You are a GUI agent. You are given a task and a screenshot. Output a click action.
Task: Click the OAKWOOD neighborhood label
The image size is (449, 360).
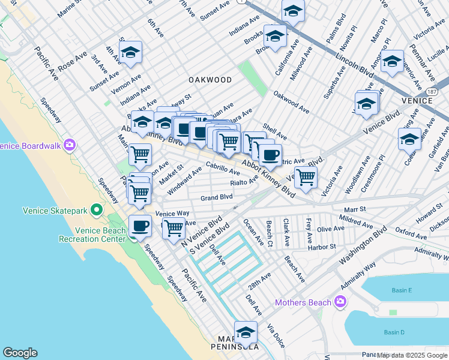click(x=209, y=79)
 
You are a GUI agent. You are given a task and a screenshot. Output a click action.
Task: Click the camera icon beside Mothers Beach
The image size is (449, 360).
click(x=341, y=302)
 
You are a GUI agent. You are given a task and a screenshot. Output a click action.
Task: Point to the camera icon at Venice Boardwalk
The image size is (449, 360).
click(x=70, y=145)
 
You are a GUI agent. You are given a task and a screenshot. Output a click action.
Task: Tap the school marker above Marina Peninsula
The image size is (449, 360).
click(x=246, y=332)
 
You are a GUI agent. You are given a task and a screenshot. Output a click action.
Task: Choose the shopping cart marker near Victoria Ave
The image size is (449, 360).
click(x=306, y=177)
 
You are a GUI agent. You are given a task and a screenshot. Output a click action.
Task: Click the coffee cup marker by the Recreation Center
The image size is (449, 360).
click(x=140, y=226)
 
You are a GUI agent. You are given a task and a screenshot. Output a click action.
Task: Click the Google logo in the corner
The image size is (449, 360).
click(x=20, y=353)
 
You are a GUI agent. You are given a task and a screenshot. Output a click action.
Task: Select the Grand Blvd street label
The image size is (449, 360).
click(x=216, y=197)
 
